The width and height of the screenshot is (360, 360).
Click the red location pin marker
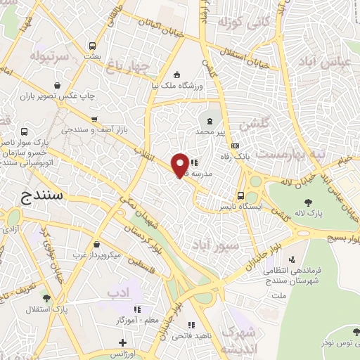(x=181, y=165)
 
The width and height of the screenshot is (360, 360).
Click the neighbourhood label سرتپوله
(x=49, y=54)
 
